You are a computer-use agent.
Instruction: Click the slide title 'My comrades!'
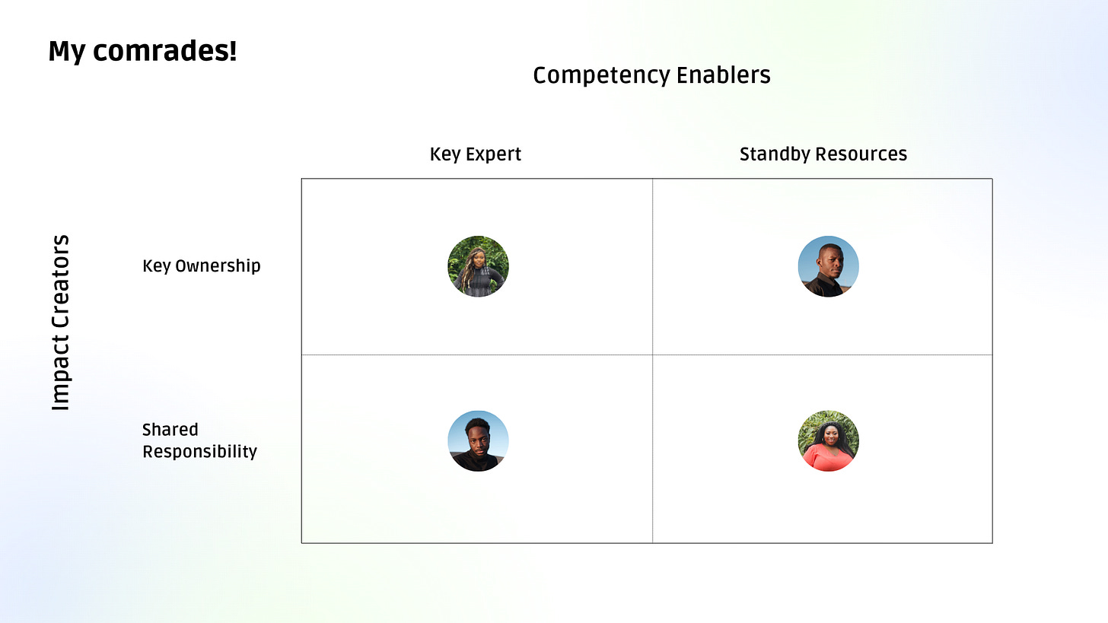tap(142, 52)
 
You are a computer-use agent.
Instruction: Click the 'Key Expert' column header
tap(476, 154)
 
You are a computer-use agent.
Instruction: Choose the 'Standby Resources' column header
tap(823, 154)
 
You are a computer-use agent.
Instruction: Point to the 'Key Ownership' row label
tap(202, 266)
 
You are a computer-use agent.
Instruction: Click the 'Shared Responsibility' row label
tap(199, 440)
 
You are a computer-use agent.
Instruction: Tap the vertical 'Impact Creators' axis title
tap(61, 323)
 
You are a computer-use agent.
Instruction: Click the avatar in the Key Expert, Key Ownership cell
tap(478, 266)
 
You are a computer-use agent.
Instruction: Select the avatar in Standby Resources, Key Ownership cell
tap(829, 266)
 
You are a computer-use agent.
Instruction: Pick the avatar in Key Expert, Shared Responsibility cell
tap(478, 441)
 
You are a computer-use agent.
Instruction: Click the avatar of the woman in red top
tap(829, 441)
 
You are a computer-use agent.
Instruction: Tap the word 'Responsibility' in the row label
tap(199, 451)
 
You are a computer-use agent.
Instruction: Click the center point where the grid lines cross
tap(652, 354)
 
